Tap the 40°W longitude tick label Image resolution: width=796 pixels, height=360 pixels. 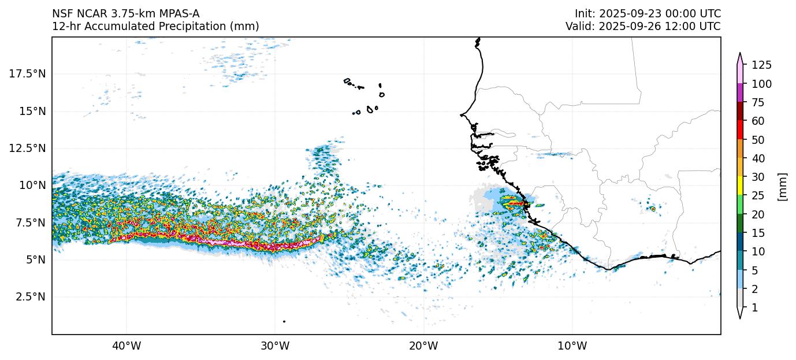(126, 346)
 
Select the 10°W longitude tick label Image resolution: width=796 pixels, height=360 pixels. (572, 346)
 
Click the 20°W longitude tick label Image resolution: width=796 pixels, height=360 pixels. (423, 346)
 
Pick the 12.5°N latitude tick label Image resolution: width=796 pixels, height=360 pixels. (28, 148)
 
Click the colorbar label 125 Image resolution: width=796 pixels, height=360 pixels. (761, 65)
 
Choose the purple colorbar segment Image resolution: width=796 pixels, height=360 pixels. (739, 93)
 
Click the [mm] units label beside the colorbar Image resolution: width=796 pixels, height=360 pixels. (783, 186)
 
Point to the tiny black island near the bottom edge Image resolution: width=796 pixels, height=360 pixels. (284, 321)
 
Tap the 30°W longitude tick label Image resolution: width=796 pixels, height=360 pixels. (275, 346)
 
